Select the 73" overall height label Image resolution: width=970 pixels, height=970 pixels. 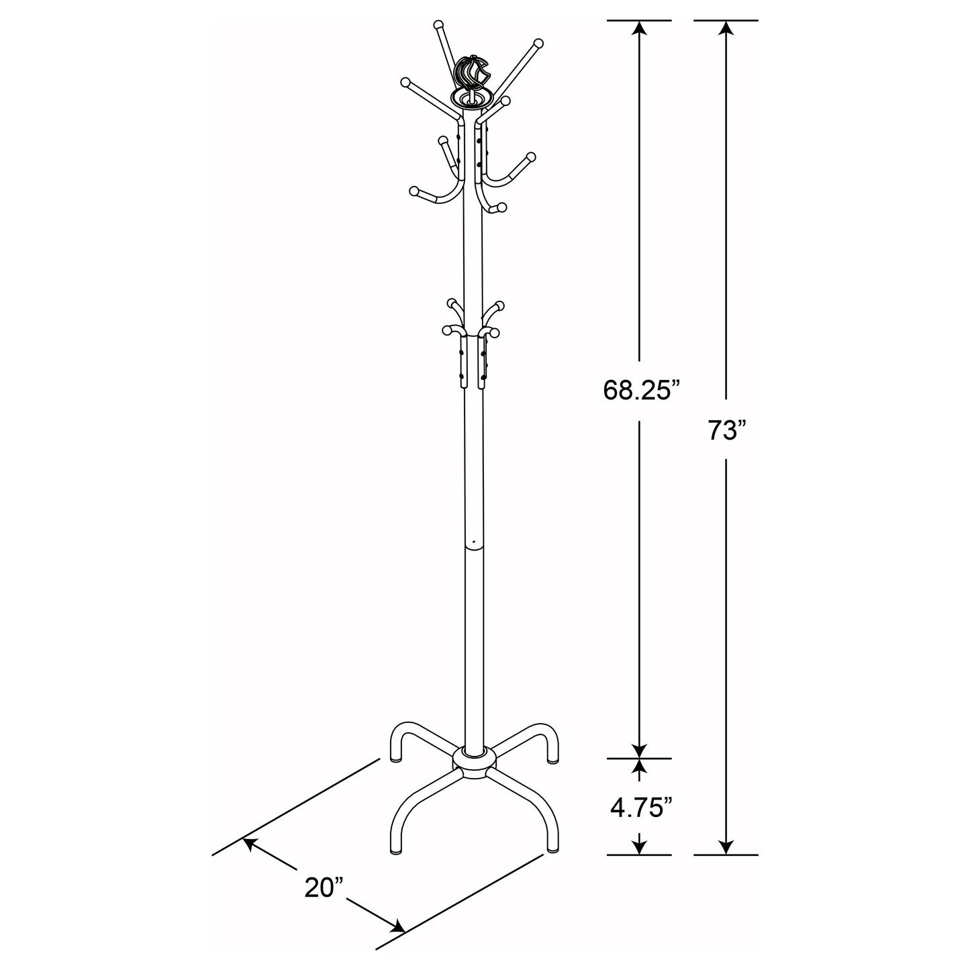pos(726,430)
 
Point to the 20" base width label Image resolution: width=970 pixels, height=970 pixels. pos(324,887)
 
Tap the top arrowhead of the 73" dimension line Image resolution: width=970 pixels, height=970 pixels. pos(726,28)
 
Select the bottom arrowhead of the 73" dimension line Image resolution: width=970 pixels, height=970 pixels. pos(726,848)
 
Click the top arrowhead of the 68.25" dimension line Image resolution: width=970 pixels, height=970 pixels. pos(640,28)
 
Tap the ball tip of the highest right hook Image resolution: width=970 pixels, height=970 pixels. pos(537,44)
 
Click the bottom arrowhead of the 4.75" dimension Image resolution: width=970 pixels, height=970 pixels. pos(640,848)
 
